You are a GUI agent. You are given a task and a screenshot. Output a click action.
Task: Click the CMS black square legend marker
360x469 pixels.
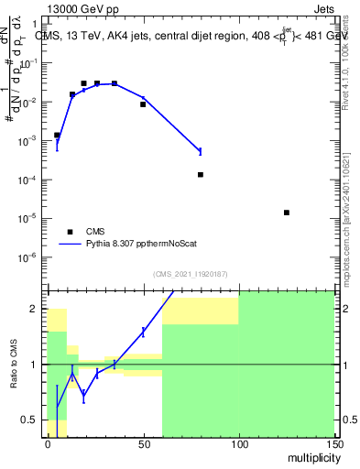click(x=70, y=232)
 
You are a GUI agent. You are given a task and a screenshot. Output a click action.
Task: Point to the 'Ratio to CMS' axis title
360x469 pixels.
click(x=15, y=365)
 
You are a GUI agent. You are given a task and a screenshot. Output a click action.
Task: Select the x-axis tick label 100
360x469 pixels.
click(x=238, y=443)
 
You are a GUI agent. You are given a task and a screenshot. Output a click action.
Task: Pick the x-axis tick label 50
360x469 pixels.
click(x=143, y=443)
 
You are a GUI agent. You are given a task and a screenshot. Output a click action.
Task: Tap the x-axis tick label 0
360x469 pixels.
click(x=48, y=443)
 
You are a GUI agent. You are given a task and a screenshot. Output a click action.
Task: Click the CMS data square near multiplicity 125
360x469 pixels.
click(x=287, y=213)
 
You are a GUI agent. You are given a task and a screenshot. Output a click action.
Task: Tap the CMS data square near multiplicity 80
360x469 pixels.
click(x=201, y=174)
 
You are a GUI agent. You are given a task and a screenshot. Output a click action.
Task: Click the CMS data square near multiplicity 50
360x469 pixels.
click(x=143, y=104)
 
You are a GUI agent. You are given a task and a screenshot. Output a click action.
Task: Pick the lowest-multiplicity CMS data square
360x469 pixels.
click(x=57, y=135)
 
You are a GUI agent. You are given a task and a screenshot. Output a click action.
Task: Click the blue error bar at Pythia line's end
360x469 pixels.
click(x=201, y=151)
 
